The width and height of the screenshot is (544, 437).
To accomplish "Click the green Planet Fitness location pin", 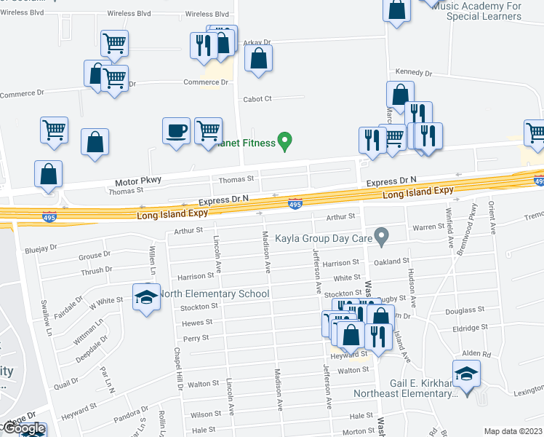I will (286, 141).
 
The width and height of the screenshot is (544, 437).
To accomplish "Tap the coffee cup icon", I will (175, 131).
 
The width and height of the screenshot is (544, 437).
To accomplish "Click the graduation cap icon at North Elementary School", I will (146, 297).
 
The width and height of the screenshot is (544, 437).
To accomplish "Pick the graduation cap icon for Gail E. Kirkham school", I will (466, 374).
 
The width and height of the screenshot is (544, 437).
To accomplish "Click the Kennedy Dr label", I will (413, 73).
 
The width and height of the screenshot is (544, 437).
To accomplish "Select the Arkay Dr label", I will (256, 42).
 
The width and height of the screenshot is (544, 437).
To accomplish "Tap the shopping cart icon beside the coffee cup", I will (208, 131).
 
